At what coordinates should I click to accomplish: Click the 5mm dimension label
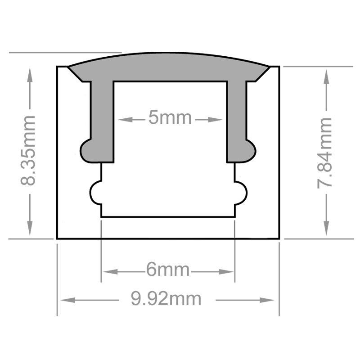170,119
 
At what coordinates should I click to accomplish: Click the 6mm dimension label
167,270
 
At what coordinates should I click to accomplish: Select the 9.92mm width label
166,298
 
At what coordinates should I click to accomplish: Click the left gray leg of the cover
102,121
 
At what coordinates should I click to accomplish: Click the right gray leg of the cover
237,121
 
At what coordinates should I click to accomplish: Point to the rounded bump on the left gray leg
85,148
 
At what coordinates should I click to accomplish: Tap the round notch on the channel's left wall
96,193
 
